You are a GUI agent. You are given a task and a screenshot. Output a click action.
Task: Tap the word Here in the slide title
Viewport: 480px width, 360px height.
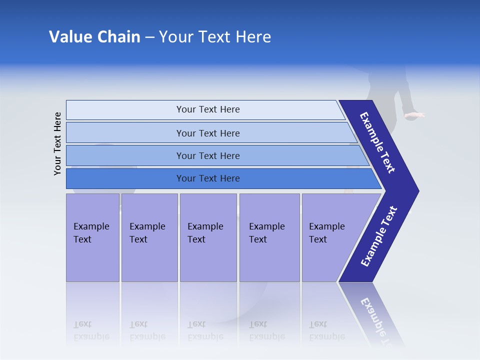tap(253, 37)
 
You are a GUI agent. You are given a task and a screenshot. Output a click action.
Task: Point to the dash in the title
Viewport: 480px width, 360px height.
tap(149, 37)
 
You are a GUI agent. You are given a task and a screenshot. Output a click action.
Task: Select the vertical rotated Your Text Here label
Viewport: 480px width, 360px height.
tap(57, 143)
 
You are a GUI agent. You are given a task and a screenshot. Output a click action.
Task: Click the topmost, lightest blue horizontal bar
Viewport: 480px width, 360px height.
tap(207, 109)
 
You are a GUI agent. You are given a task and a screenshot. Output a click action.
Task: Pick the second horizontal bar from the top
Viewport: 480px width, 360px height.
tap(207, 133)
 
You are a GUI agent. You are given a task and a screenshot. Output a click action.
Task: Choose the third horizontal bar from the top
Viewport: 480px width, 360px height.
tap(207, 155)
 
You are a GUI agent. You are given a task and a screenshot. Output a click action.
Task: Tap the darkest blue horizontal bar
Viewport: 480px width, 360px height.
tap(207, 178)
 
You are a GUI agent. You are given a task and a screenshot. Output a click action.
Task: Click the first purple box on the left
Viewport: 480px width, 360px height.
tap(92, 237)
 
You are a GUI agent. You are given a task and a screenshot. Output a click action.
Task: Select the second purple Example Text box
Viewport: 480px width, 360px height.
tap(149, 237)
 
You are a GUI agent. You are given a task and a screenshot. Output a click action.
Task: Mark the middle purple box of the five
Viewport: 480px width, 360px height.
tap(208, 237)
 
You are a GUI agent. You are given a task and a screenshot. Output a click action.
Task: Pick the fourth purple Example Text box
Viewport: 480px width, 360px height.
tap(269, 237)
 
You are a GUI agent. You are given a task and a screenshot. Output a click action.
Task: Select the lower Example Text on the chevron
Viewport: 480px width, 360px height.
tap(379, 236)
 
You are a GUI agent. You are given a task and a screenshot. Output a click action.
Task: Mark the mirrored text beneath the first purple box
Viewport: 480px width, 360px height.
tap(91, 330)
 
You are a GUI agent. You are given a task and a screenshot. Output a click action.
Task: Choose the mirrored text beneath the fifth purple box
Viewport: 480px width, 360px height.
tap(326, 330)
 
